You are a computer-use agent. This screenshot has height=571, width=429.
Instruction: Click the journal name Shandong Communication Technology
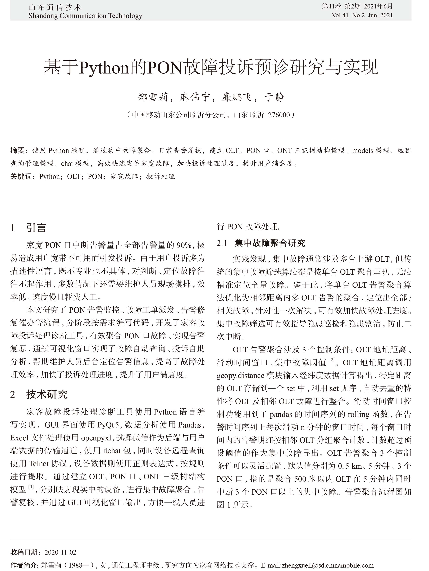point(85,16)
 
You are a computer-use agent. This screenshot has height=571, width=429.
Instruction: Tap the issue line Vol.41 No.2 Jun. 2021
point(362,15)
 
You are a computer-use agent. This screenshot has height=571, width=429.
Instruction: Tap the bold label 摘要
point(17,150)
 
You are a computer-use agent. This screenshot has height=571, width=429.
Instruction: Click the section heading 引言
point(36,228)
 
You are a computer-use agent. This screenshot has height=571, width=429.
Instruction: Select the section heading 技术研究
point(47,394)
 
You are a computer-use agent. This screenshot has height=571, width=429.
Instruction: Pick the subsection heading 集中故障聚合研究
point(270,243)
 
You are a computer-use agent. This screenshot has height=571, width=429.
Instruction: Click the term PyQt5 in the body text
point(108,425)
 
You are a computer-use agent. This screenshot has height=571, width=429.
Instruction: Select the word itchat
point(112,450)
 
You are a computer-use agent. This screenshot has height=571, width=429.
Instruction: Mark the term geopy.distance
point(240,375)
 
